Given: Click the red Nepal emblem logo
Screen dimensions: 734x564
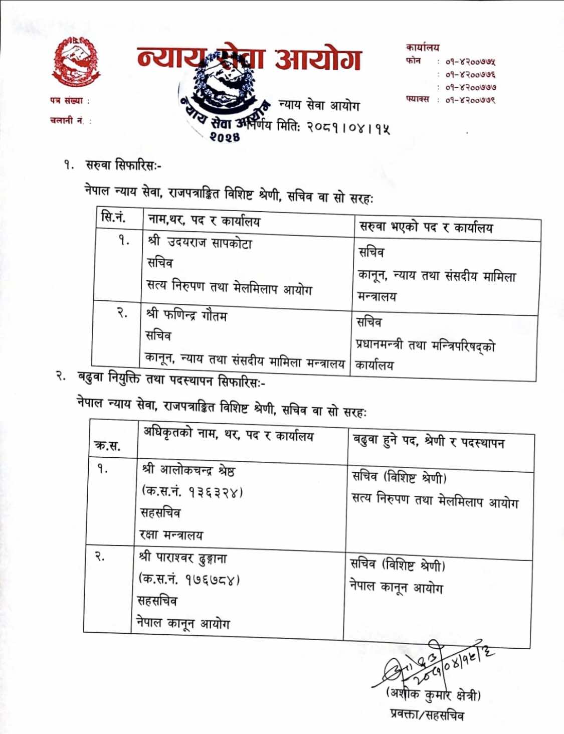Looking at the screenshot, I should click(76, 62).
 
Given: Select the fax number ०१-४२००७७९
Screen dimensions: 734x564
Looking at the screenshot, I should click(470, 100).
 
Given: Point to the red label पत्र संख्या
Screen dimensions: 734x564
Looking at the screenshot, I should click(66, 101).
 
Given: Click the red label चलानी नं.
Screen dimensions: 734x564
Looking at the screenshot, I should click(67, 120).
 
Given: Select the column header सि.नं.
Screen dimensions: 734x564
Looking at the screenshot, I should click(113, 218).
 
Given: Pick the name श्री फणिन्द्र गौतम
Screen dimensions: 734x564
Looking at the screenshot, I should click(186, 315).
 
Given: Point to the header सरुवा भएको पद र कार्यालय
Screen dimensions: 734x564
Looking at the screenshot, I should click(426, 228).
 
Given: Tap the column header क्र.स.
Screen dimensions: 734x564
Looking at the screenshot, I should click(107, 445).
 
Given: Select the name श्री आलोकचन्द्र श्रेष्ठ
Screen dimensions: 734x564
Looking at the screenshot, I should click(188, 470).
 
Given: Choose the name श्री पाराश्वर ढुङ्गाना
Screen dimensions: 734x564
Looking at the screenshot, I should click(183, 558).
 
